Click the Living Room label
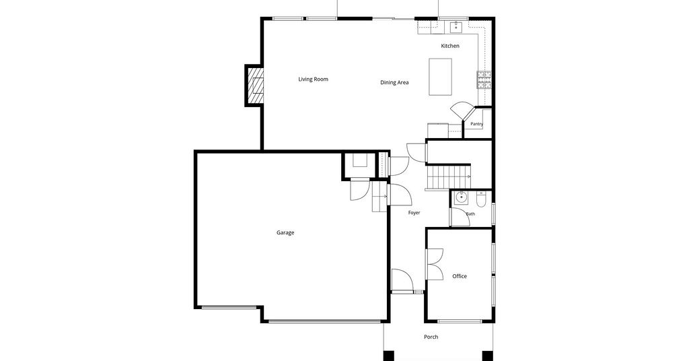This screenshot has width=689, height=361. click(x=314, y=79)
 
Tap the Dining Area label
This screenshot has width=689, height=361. click(x=394, y=82)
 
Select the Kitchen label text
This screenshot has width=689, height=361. click(x=450, y=46)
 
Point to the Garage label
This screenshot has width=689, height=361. click(x=285, y=232)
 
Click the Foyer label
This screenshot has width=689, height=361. click(x=414, y=213)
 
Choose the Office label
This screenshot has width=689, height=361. click(x=460, y=276)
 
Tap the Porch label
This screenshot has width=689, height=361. click(x=431, y=337)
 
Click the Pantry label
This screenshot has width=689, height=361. click(x=477, y=124)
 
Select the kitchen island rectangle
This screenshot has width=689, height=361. click(x=440, y=77)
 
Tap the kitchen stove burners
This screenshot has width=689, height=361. click(x=484, y=79)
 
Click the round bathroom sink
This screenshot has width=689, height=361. click(x=460, y=198)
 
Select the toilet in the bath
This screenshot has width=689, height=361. click(x=481, y=200)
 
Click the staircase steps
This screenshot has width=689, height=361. click(x=449, y=176)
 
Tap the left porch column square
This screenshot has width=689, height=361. click(x=389, y=356)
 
